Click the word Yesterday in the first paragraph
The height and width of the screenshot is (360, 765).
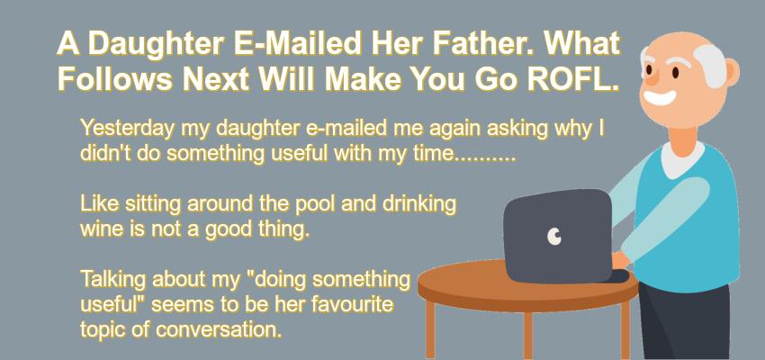pos(127,129)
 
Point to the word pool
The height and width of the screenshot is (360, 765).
pos(314,204)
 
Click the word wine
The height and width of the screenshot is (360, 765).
pos(101,229)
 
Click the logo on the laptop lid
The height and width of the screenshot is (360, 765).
pos(554,236)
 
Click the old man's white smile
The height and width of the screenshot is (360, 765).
pos(660,97)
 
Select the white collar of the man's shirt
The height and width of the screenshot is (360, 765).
pos(682,159)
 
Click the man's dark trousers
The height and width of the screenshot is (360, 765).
pos(684,322)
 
